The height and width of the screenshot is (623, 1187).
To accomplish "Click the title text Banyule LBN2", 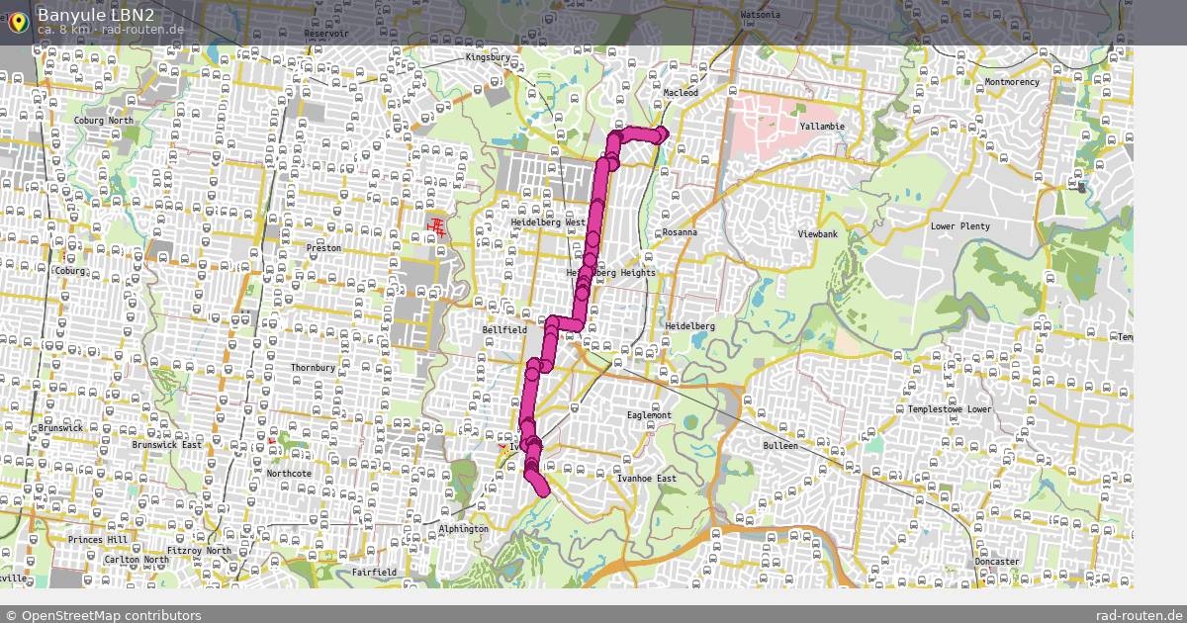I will (96, 14).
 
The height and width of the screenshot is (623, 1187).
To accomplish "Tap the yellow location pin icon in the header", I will (17, 22).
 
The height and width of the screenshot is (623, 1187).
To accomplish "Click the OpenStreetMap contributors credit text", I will (111, 615).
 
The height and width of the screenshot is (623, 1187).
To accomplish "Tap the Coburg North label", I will (103, 121).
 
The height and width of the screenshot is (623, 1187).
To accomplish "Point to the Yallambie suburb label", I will (822, 128).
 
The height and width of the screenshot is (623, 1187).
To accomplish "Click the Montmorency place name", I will (1012, 82).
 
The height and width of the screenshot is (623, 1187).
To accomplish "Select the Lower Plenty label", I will (959, 226).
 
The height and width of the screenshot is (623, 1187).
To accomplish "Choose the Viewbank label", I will (818, 234).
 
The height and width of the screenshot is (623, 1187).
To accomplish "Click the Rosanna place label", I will (680, 232).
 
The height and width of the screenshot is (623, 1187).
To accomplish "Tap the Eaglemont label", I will (649, 416).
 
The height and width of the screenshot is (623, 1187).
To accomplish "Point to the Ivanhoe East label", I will (647, 480).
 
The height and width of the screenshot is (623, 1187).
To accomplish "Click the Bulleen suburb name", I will (779, 446).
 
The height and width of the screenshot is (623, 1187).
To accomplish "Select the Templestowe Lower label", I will (950, 409).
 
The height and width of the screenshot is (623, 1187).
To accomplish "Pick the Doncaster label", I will (996, 562).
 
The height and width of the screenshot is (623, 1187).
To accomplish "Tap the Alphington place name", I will (463, 529).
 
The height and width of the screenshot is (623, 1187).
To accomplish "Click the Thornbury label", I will (313, 368).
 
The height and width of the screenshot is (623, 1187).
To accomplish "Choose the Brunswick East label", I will (166, 445).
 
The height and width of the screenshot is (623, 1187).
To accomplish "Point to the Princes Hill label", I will (98, 540).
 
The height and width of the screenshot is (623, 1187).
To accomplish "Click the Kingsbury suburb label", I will (487, 58).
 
